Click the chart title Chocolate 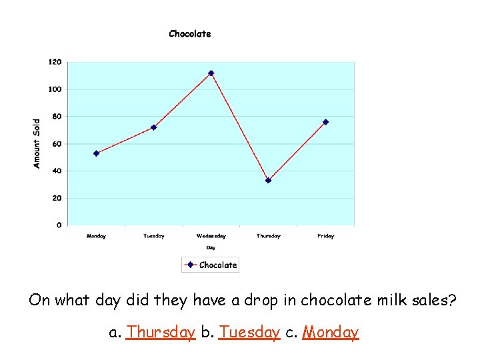[x=190, y=34]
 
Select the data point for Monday [x=96, y=153]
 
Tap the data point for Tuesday [x=153, y=127]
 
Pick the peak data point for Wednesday [x=211, y=73]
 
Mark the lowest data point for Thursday [x=268, y=180]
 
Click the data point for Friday [x=325, y=122]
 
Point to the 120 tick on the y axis [x=55, y=62]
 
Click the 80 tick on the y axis [x=57, y=117]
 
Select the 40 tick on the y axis [x=57, y=171]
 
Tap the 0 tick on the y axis [x=59, y=225]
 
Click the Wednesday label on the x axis [x=211, y=236]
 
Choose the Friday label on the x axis [x=325, y=236]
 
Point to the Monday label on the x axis [x=96, y=236]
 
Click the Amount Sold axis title [x=37, y=143]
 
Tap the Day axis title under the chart [x=211, y=247]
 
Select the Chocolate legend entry [x=211, y=265]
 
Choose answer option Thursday [x=161, y=332]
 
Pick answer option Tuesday [x=249, y=332]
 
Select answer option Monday [x=331, y=332]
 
